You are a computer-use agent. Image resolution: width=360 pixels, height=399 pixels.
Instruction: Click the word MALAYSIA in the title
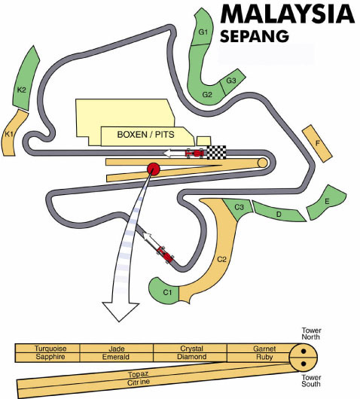pos(288,14)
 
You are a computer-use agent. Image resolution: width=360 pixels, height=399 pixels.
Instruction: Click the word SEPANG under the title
pos(255,36)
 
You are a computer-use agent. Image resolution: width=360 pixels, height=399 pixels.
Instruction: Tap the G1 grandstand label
pos(203,32)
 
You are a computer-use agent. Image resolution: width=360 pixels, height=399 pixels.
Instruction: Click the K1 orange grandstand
pos(14,133)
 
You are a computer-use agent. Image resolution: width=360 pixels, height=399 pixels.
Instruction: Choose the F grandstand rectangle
pos(317,144)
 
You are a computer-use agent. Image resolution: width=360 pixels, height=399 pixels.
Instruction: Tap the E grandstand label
pos(327,202)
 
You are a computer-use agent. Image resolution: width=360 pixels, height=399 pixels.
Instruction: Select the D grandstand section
pos(279,212)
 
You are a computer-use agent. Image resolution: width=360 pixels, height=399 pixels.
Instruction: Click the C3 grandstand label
pos(239,207)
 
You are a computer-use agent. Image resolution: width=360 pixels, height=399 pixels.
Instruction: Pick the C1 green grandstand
pos(164,291)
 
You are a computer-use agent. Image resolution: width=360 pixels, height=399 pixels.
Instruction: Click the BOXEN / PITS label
pos(145,134)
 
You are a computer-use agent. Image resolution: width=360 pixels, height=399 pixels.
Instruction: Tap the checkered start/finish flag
pos(216,152)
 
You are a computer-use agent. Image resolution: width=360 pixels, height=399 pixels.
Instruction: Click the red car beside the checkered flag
pos(195,153)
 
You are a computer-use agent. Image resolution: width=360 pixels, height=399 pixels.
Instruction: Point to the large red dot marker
pos(154,169)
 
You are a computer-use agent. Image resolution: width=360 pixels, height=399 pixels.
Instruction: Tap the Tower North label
pos(311,334)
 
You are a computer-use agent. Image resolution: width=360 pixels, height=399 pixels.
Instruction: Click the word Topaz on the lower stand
pos(139,374)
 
